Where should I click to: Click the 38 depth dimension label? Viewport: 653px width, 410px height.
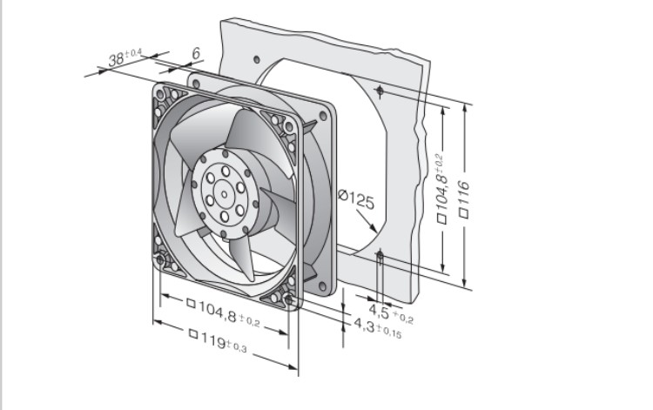125,57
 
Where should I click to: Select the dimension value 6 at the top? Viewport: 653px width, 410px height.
196,53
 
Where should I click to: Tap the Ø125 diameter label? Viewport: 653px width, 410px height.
356,199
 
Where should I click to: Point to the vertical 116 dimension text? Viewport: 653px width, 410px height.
464,199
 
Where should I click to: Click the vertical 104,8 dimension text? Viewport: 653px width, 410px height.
441,188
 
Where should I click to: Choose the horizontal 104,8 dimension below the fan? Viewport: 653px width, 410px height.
224,313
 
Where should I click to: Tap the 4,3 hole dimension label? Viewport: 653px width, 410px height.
378,328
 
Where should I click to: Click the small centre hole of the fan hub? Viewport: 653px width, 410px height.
224,194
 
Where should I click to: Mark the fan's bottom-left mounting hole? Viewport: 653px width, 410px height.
160,260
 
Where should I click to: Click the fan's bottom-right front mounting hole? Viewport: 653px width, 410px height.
288,299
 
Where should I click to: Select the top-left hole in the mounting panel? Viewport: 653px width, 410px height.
257,59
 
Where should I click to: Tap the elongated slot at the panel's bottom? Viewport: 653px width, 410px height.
380,261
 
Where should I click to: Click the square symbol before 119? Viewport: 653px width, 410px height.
192,333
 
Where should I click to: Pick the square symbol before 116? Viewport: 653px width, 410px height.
464,213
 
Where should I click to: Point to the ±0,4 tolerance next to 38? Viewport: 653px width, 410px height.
133,53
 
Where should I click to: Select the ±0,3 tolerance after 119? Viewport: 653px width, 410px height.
237,346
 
